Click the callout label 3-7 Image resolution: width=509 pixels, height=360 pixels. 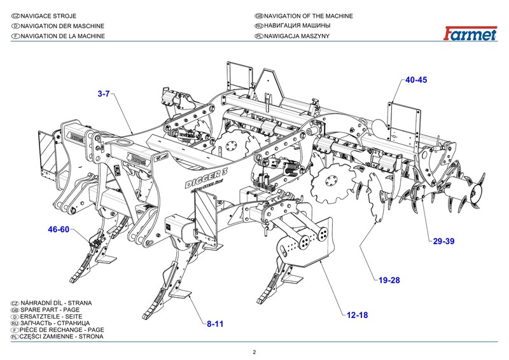click(x=104, y=94)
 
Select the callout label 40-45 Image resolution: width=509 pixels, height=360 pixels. click(x=416, y=80)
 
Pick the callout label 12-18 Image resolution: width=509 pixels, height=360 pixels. click(x=357, y=314)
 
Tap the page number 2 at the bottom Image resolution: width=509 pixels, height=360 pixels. click(x=254, y=352)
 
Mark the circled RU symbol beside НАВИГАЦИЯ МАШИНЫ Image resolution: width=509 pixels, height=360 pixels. click(x=258, y=26)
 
